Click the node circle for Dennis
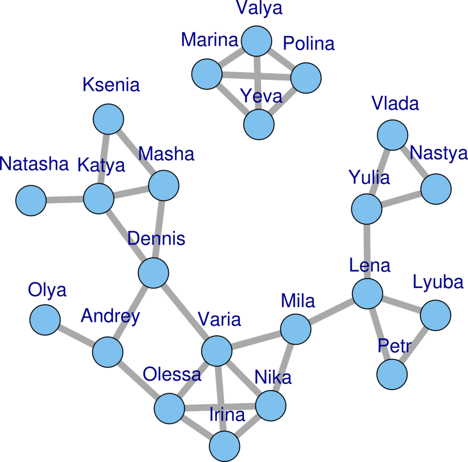pyautogui.click(x=153, y=273)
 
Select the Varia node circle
pyautogui.click(x=217, y=351)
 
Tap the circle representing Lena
pyautogui.click(x=368, y=294)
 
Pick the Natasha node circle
pyautogui.click(x=31, y=200)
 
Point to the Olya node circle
pyautogui.click(x=45, y=320)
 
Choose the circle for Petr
pyautogui.click(x=392, y=374)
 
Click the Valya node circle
pyautogui.click(x=257, y=42)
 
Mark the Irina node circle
pyautogui.click(x=225, y=446)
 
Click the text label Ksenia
pyautogui.click(x=111, y=85)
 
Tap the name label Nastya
pyautogui.click(x=439, y=153)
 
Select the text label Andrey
pyautogui.click(x=110, y=316)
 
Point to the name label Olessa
pyautogui.click(x=172, y=374)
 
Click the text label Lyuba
pyautogui.click(x=438, y=282)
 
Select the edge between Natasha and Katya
pyautogui.click(x=65, y=200)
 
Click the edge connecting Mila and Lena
pyautogui.click(x=332, y=312)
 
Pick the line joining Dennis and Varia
pyautogui.click(x=185, y=312)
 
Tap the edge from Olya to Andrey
pyautogui.click(x=76, y=336)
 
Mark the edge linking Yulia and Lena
pyautogui.click(x=367, y=252)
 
